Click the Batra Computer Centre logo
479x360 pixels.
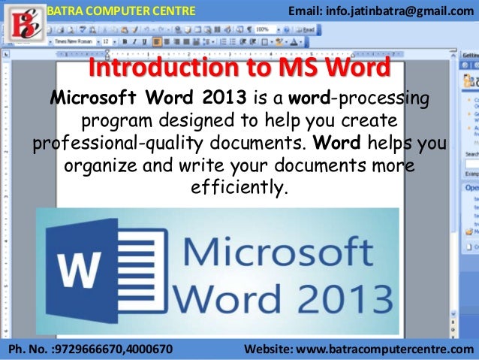21,23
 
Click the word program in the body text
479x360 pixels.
113,120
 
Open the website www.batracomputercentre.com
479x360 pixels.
387,349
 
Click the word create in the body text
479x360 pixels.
369,120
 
